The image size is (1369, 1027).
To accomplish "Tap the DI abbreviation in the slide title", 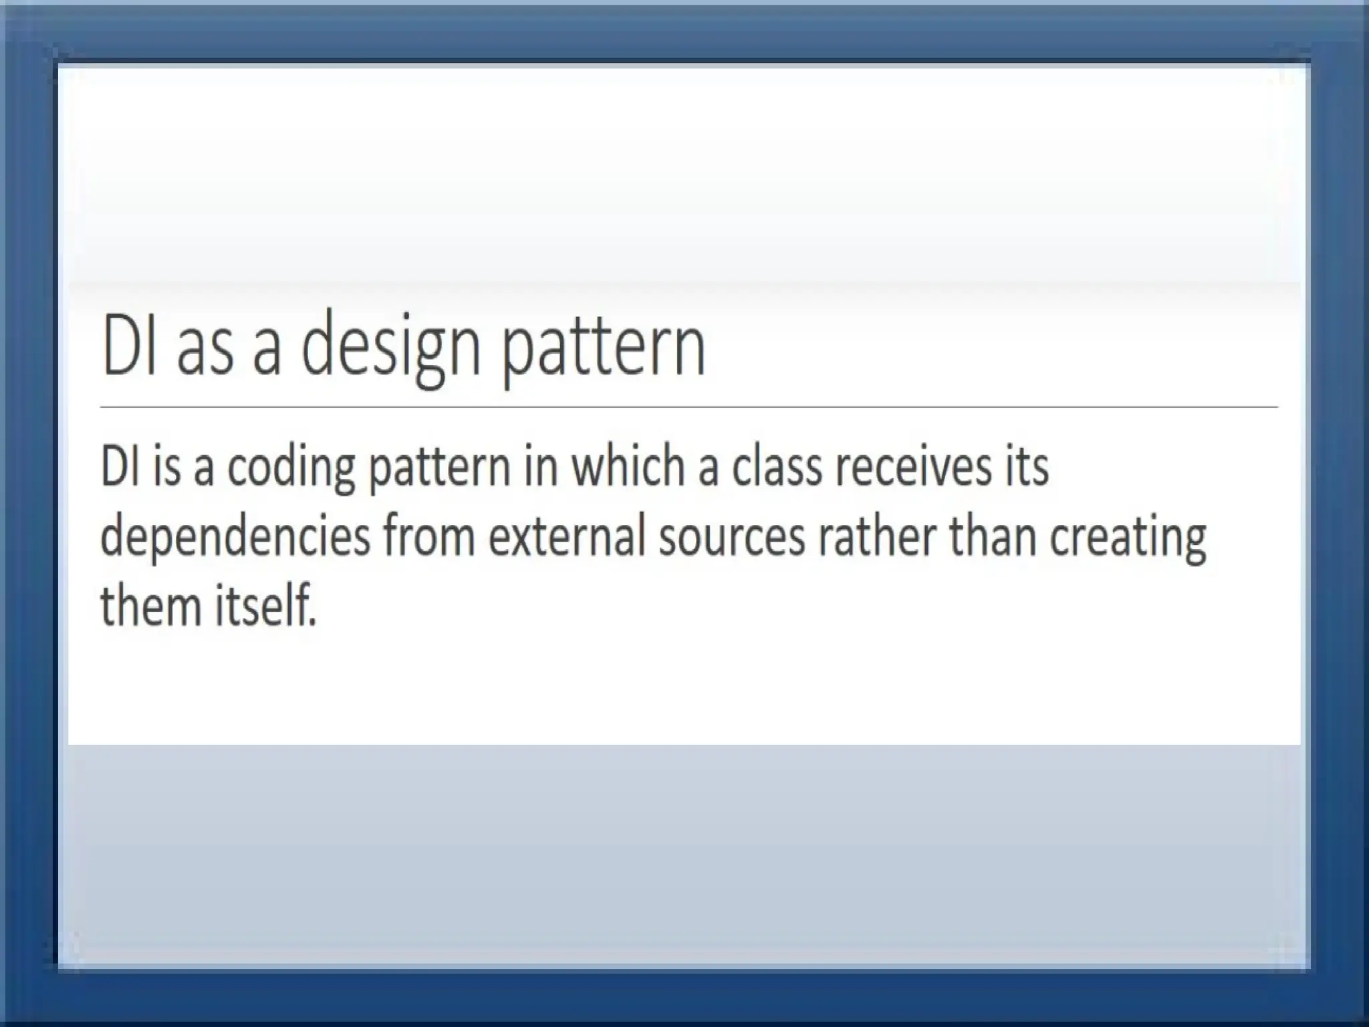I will coord(129,346).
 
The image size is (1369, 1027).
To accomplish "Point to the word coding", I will coord(291,468).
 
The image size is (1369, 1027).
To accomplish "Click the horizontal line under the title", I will coord(689,407).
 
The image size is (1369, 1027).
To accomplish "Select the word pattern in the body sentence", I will coord(440,468).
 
